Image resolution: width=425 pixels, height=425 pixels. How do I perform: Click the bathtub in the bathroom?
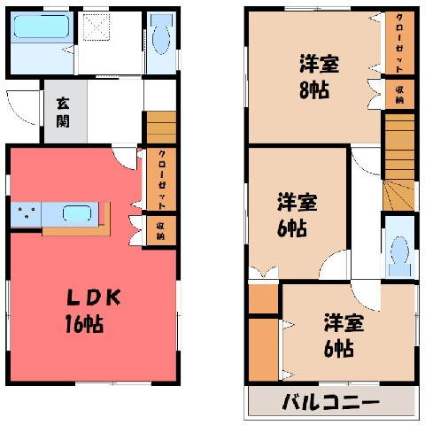[x=42, y=27]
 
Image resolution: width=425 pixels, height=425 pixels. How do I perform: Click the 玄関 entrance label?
[x=63, y=112]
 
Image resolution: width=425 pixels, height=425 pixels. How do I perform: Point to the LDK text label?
[x=94, y=297]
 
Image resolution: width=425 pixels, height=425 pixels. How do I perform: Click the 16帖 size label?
[x=84, y=324]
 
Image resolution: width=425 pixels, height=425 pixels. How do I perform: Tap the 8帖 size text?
[x=314, y=89]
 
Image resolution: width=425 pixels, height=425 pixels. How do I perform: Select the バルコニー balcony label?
[x=330, y=402]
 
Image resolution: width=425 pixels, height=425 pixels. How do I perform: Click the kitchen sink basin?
[x=77, y=213]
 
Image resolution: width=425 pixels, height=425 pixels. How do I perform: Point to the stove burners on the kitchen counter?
[x=27, y=212]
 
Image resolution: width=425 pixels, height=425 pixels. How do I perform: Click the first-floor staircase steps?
[x=161, y=127]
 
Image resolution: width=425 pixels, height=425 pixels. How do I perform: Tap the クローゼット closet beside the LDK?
[x=161, y=179]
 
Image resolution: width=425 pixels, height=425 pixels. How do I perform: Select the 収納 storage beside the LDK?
[x=161, y=231]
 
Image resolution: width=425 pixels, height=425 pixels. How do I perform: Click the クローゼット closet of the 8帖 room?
[x=399, y=42]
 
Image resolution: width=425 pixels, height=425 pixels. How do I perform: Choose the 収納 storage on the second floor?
[x=399, y=95]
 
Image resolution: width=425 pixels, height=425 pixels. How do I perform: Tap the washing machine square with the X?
[x=97, y=27]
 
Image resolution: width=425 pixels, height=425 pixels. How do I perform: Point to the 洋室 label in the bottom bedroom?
[x=344, y=323]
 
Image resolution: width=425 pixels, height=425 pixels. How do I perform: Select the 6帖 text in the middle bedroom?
[x=292, y=228]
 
